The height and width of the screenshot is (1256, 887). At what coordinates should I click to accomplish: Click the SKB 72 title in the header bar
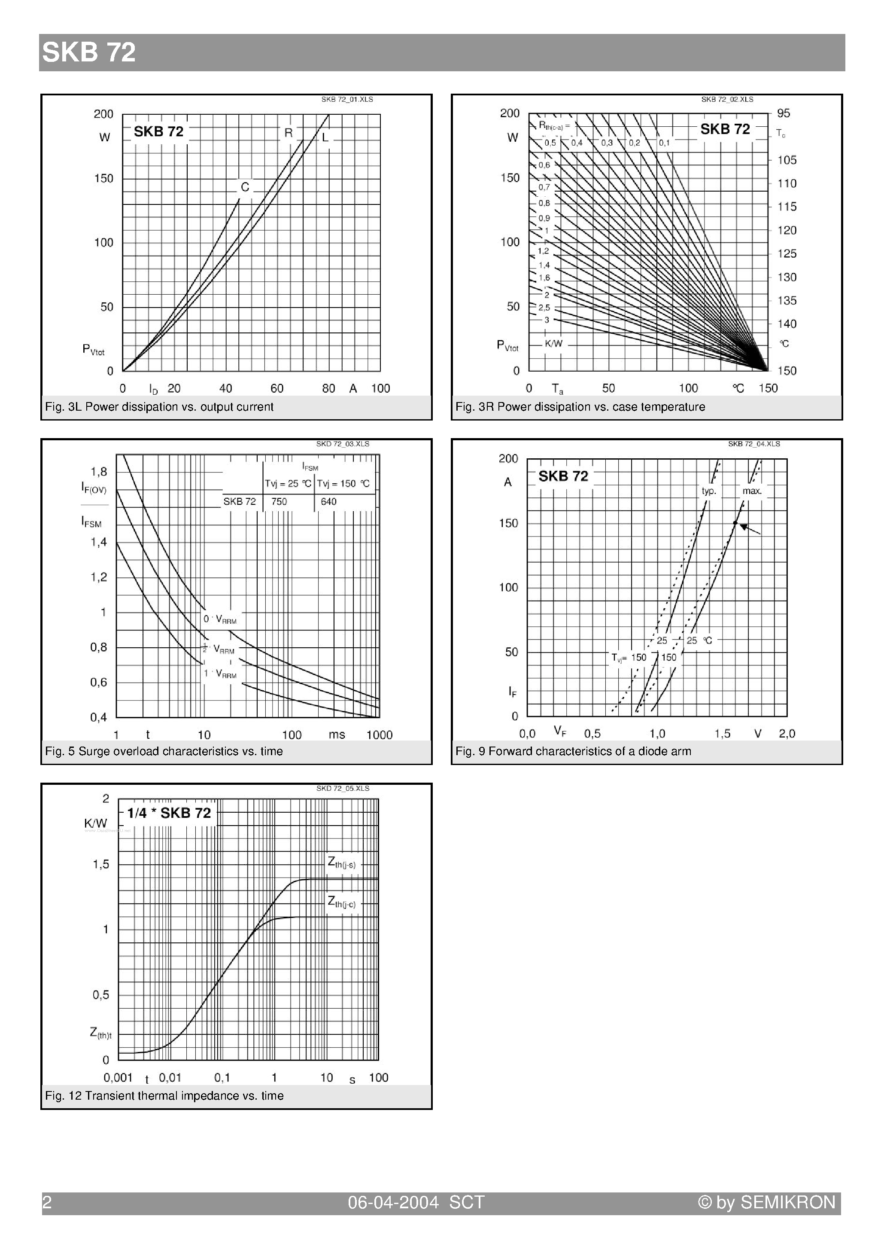click(x=88, y=52)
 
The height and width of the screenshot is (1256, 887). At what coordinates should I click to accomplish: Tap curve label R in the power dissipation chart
click(x=288, y=132)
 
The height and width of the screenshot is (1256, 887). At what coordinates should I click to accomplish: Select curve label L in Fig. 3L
click(x=325, y=137)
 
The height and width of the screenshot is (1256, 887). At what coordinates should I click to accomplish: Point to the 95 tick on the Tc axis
click(x=783, y=113)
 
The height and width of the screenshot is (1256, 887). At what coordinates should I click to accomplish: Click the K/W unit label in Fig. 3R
click(x=553, y=344)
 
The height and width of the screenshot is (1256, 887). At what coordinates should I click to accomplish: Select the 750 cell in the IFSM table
click(x=279, y=502)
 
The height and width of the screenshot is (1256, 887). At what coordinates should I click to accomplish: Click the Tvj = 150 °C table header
click(x=343, y=484)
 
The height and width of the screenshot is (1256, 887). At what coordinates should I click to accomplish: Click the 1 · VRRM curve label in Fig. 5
click(x=220, y=674)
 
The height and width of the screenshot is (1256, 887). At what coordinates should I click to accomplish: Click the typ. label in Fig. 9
click(x=709, y=491)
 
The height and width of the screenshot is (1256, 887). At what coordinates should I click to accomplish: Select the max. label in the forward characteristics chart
click(x=752, y=491)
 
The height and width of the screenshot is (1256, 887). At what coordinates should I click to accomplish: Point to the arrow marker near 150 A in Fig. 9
click(x=750, y=528)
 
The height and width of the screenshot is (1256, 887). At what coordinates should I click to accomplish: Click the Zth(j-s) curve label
click(x=341, y=863)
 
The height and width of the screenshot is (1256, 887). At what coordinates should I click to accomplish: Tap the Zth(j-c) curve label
click(x=341, y=902)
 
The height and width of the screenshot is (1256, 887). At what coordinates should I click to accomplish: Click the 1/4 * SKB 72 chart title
click(x=169, y=813)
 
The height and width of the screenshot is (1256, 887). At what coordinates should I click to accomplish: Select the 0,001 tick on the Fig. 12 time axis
click(x=118, y=1077)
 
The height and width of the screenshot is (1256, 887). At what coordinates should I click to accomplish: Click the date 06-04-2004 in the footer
click(x=393, y=1202)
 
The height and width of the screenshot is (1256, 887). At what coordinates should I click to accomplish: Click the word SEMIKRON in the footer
click(x=787, y=1202)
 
